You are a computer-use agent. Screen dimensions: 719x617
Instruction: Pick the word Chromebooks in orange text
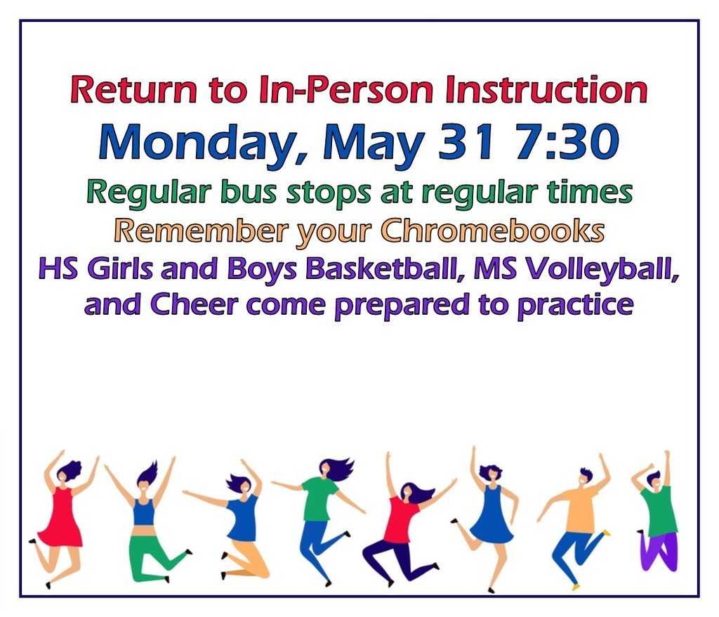[x=492, y=230]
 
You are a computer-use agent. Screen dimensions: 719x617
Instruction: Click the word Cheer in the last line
[x=194, y=304]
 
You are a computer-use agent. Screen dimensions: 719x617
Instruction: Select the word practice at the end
[x=576, y=305]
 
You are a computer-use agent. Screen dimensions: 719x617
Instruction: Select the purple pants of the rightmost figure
[x=659, y=551]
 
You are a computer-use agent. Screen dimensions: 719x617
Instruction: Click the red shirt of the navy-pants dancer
[x=401, y=519]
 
